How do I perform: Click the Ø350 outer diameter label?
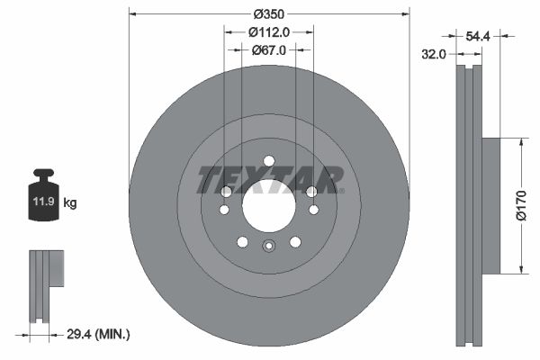click(x=269, y=14)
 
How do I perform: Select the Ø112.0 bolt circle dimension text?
click(x=269, y=32)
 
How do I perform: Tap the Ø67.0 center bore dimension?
click(x=269, y=50)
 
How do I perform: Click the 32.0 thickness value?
click(x=435, y=55)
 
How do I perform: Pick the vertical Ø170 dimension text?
click(x=520, y=206)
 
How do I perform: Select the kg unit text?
click(x=70, y=203)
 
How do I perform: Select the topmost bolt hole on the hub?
click(x=268, y=162)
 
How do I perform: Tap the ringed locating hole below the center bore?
click(x=268, y=247)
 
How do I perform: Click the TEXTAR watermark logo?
click(x=268, y=180)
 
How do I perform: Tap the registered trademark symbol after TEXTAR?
click(x=342, y=189)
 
